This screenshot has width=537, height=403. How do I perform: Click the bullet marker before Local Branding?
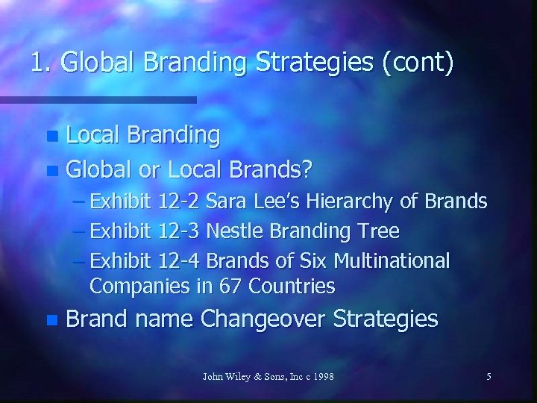point(51,137)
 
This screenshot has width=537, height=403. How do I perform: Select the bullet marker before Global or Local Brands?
point(51,171)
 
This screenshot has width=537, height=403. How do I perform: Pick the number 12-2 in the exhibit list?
point(179,201)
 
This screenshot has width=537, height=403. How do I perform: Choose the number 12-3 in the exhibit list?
point(179,231)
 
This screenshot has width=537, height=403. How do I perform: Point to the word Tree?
point(380,231)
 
